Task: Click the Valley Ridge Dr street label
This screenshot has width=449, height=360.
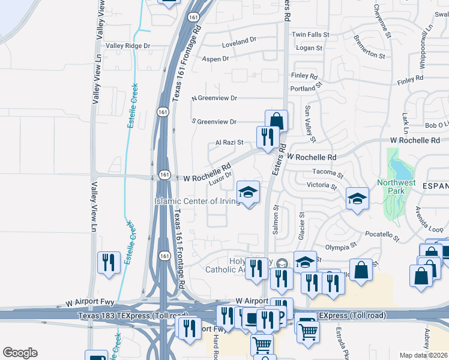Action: click(128, 46)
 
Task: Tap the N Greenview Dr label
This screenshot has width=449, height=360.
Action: click(214, 98)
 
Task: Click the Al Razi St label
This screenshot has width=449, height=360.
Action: click(229, 143)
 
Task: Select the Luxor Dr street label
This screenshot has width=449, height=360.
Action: click(220, 178)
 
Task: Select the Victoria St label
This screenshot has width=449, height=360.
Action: click(321, 186)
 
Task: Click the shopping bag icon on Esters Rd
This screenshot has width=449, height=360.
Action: click(276, 119)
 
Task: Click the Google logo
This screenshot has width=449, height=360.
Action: click(20, 353)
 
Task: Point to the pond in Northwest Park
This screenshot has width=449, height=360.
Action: click(395, 166)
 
